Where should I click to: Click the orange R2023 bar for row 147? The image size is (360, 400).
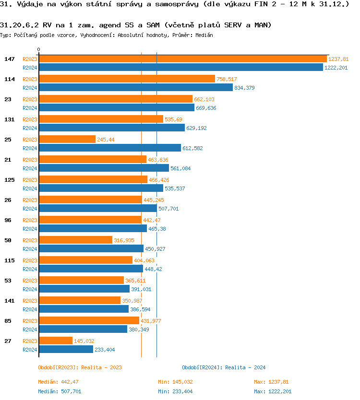182,59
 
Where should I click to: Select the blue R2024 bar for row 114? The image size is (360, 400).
135,87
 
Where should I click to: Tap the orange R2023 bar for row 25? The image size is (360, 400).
67,139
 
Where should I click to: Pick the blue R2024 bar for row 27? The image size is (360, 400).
66,349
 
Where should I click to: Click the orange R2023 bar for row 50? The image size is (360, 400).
75,240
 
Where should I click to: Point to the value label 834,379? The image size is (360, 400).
244,88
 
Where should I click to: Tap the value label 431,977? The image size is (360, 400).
151,321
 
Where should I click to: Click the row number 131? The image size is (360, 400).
9,119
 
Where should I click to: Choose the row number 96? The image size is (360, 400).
8,220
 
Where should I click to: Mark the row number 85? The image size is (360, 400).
8,321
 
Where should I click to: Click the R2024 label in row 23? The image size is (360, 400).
30,108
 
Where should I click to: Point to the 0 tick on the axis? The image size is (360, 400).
39,49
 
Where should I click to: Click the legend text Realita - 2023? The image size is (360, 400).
101,367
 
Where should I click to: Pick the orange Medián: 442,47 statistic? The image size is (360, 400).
58,382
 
